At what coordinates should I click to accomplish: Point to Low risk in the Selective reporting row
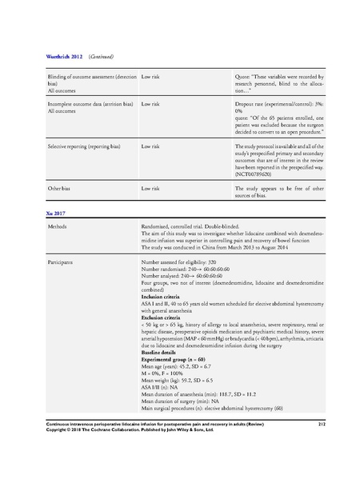click(153, 148)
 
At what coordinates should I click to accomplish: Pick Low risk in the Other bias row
click(153, 188)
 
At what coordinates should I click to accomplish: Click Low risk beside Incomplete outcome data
click(153, 104)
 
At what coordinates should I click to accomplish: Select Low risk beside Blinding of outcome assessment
click(153, 77)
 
